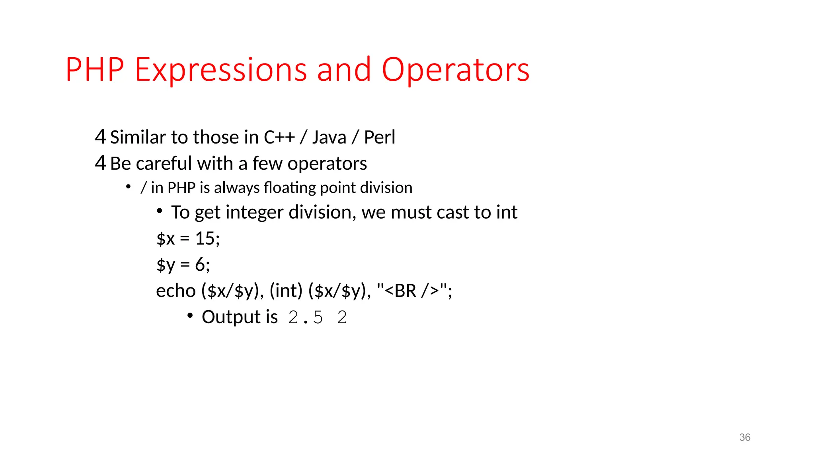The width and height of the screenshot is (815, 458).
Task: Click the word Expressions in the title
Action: coord(221,70)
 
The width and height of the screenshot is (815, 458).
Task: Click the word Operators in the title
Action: coord(455,70)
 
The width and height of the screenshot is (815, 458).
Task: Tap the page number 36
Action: coord(745,437)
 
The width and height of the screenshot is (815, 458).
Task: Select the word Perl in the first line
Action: coord(379,138)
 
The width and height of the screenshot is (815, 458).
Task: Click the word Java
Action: coord(329,138)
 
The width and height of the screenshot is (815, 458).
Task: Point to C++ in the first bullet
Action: coord(279,138)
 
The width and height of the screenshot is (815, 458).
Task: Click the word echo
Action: coord(175,291)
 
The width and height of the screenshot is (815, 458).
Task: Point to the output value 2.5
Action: coord(305,317)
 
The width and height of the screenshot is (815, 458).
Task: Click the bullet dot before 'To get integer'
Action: coord(159,211)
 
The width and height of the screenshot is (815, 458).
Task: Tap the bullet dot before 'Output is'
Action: coord(190,316)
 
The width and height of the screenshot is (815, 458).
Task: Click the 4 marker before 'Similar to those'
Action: coord(100,137)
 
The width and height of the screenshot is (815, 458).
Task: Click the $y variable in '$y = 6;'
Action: coord(166,265)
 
